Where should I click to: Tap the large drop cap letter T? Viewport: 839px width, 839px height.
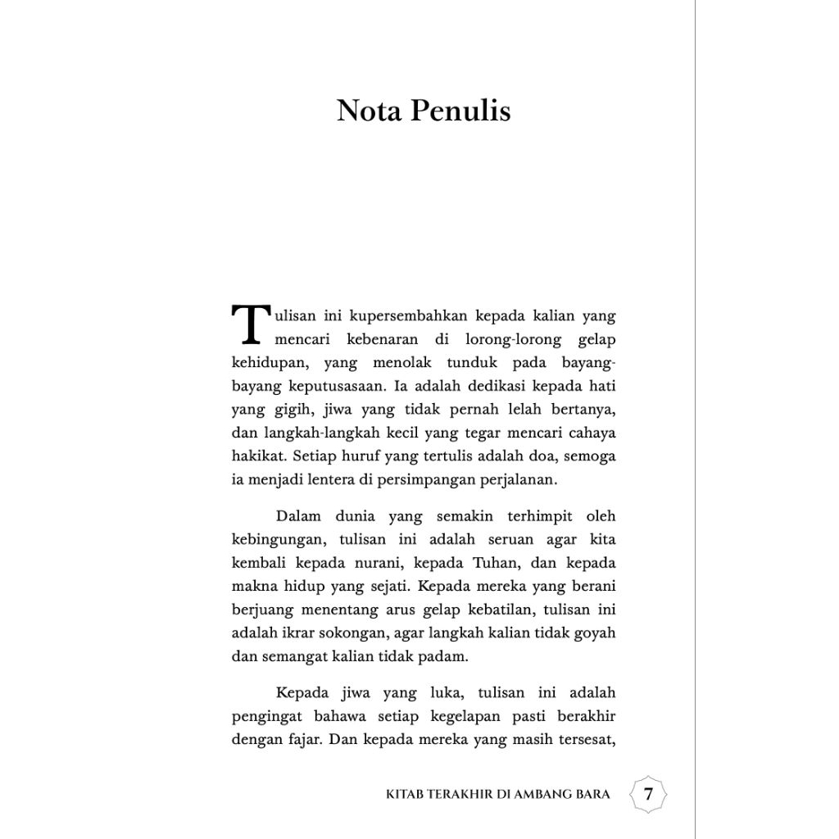coord(249,325)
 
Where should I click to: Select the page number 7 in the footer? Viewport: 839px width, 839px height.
coord(648,794)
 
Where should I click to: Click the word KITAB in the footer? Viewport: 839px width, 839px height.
coord(405,795)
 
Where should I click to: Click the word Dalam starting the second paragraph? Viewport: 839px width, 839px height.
coord(297,516)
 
